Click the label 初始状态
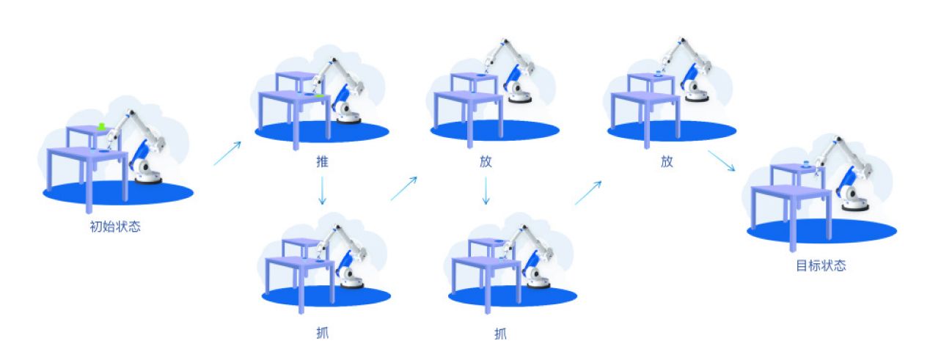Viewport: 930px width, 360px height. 115,227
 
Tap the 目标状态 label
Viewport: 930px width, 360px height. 821,265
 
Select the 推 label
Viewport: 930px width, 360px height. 322,161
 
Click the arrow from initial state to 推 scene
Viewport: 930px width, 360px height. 227,153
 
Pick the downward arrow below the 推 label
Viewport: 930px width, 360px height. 322,191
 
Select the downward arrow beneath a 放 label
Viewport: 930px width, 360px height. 486,191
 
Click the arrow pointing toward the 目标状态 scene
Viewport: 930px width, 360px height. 722,161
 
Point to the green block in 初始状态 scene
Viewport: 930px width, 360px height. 101,126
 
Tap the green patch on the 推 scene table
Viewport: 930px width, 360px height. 319,96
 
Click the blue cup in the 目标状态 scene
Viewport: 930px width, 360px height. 806,164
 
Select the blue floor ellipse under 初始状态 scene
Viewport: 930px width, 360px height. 118,193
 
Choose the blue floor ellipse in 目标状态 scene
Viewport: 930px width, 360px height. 821,231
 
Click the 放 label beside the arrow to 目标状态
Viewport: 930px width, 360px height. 667,161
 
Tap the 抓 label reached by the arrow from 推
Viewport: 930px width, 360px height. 322,333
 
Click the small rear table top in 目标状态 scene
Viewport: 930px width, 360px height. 797,168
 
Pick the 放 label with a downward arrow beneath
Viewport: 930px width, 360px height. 486,161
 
